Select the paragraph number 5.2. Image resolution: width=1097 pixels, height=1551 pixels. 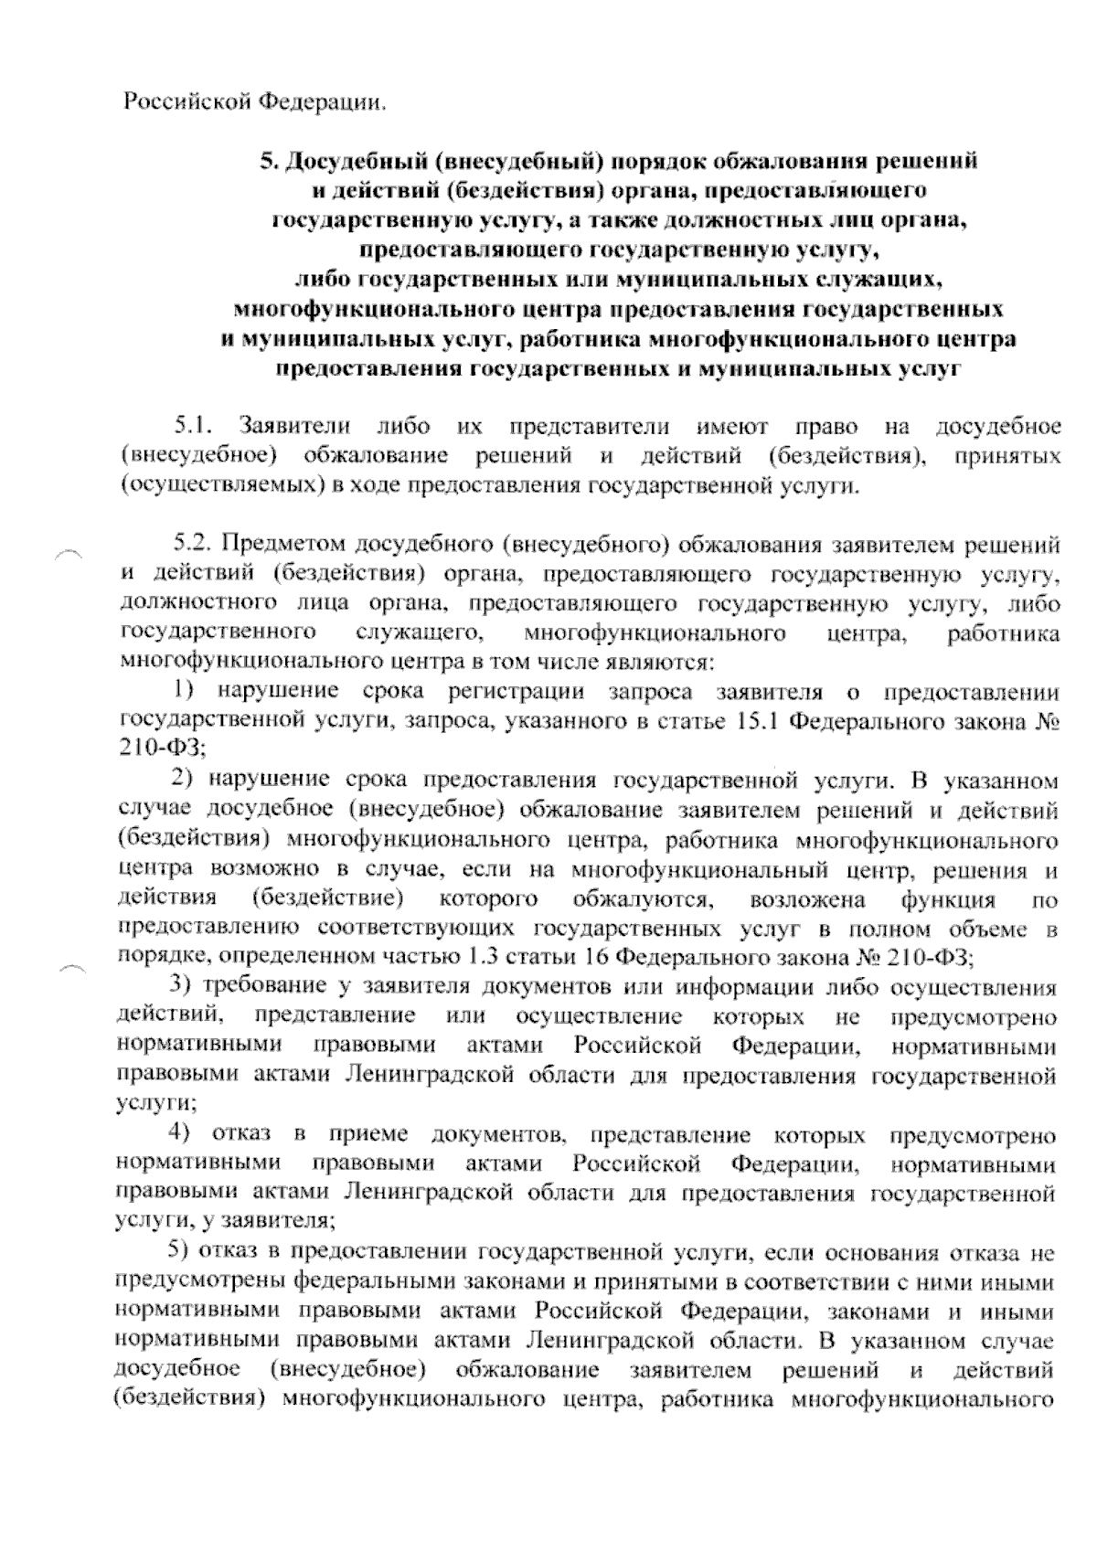[x=194, y=546]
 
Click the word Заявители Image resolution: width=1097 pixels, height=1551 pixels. [x=293, y=426]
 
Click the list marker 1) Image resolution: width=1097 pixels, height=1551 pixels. [x=187, y=692]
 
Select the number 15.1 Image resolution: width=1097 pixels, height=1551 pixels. [x=757, y=722]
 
